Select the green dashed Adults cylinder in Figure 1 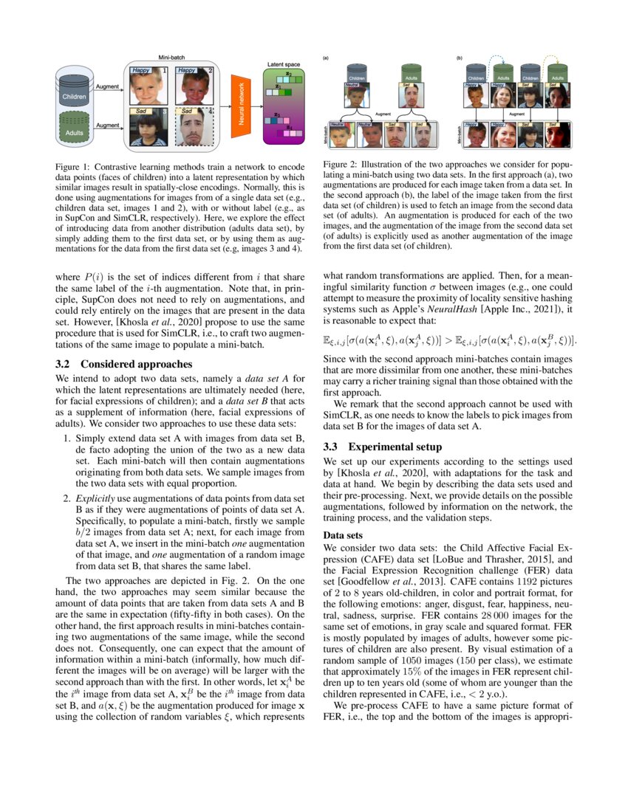click(74, 131)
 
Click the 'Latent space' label click(282, 65)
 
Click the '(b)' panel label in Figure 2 click(460, 57)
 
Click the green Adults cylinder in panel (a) click(410, 74)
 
